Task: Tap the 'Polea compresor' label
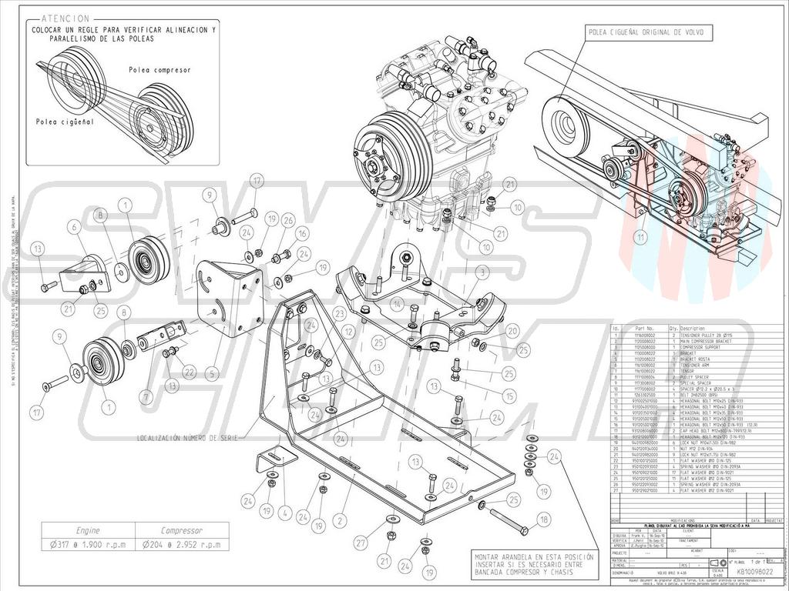click(x=159, y=70)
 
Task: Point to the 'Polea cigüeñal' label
click(x=65, y=122)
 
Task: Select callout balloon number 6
click(x=75, y=226)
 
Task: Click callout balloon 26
click(x=287, y=220)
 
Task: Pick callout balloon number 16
click(x=303, y=233)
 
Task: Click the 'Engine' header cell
click(x=88, y=530)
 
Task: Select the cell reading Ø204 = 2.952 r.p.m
click(x=181, y=544)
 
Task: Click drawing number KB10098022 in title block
click(x=756, y=572)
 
